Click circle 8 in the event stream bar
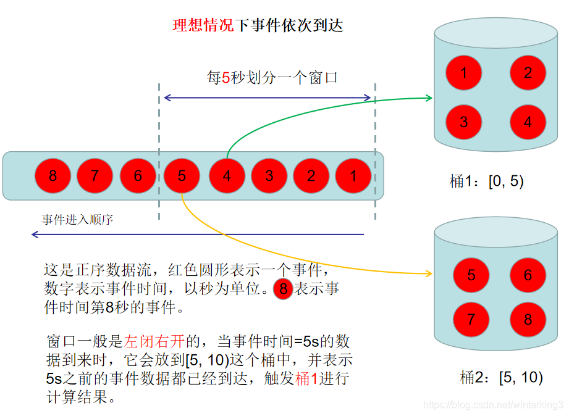pos(53,176)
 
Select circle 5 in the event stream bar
pos(182,176)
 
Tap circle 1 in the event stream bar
pos(353,176)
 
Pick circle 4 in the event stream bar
pos(227,176)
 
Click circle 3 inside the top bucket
pos(464,122)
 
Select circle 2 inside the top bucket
pos(528,73)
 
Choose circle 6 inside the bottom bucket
pos(528,275)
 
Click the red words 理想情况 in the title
pos(203,25)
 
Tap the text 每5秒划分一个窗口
pos(272,78)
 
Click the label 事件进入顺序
pos(77,220)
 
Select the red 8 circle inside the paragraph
pos(283,289)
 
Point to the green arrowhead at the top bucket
pos(428,97)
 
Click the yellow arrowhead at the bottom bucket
pos(428,273)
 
